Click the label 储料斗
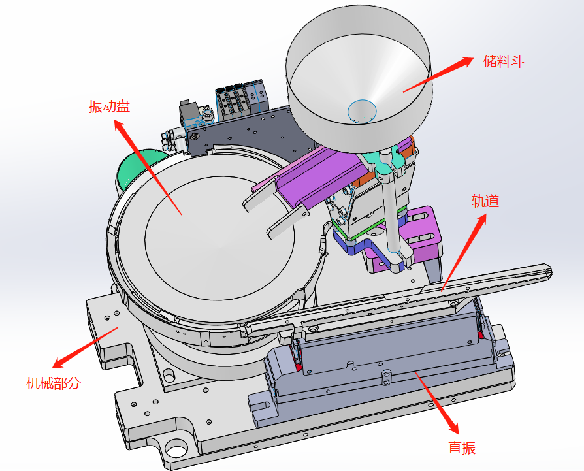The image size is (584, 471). click(503, 62)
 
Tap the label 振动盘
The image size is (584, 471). click(108, 106)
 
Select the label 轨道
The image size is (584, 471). click(485, 201)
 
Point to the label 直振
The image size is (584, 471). click(461, 448)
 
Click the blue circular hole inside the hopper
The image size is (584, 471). click(362, 110)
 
